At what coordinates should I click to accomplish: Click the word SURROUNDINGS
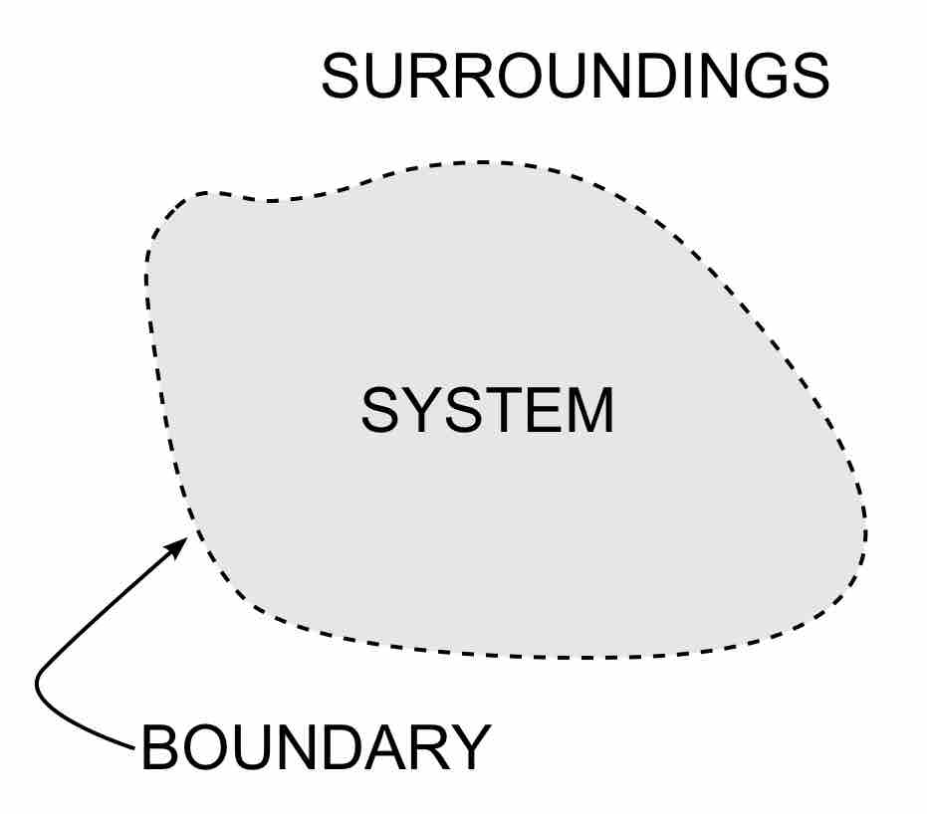click(x=576, y=77)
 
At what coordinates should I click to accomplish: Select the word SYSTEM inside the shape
click(x=488, y=411)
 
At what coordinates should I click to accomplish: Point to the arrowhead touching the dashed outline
click(x=177, y=547)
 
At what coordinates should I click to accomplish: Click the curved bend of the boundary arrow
click(x=40, y=686)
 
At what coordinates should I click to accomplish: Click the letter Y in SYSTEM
click(x=424, y=411)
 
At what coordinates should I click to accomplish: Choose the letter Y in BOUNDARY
click(x=470, y=747)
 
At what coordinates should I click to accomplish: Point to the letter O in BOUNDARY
click(x=205, y=747)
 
